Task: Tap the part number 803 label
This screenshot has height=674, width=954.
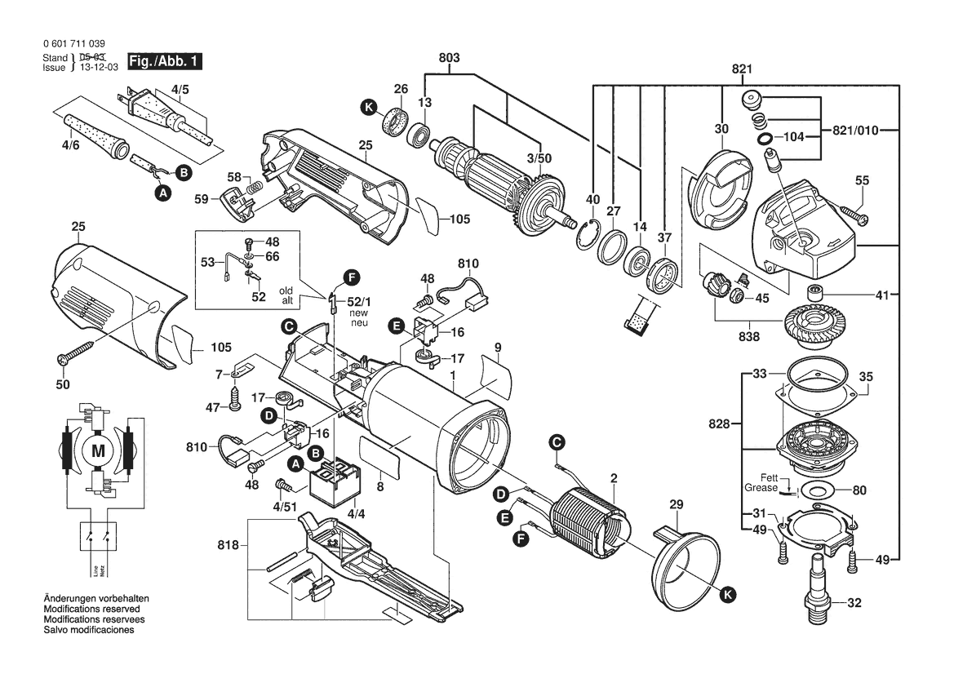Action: coord(449,58)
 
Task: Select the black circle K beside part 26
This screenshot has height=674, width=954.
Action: coord(369,107)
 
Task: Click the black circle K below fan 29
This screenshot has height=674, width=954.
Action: coord(727,596)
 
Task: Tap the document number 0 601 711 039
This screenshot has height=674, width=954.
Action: coord(73,43)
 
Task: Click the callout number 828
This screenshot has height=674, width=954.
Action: coord(721,424)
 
